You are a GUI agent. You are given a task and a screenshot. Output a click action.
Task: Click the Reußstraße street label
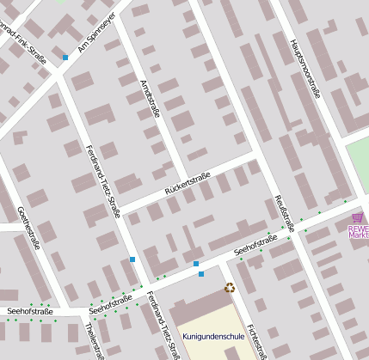tap(285, 213)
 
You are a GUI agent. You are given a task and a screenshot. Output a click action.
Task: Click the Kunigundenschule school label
tap(213, 336)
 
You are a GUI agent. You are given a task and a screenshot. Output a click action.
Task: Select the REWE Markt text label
tap(358, 230)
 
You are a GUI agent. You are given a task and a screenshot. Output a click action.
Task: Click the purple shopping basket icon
tap(358, 217)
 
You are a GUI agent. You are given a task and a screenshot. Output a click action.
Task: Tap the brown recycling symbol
tap(230, 288)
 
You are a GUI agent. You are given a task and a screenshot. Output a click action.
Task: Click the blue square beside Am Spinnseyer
tap(65, 58)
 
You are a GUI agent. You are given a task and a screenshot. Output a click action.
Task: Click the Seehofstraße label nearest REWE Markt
tap(256, 245)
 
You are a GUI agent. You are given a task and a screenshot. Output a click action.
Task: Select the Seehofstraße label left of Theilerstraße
tap(29, 310)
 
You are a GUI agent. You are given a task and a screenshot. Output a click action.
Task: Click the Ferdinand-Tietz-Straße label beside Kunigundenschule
tap(161, 325)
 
